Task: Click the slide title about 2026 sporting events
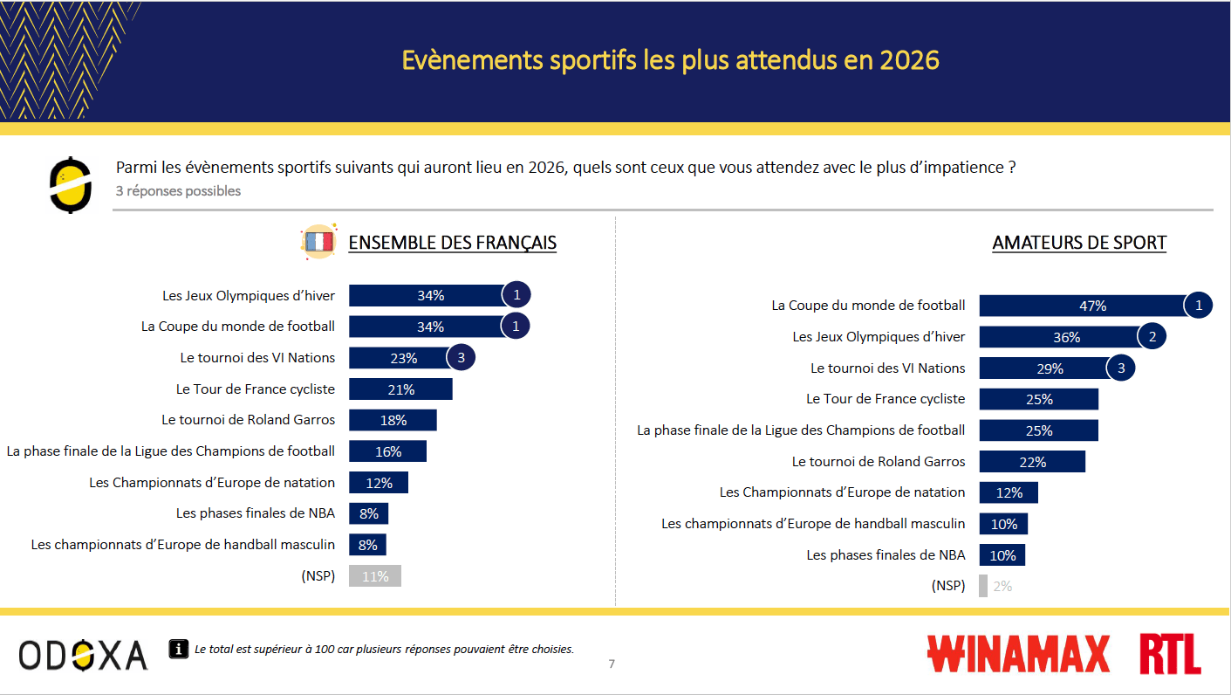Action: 670,60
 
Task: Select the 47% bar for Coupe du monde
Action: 1082,306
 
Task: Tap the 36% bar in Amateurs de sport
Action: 1058,337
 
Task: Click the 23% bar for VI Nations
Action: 398,358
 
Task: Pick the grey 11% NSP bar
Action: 374,576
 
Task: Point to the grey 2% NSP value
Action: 1002,587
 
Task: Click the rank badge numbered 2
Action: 1152,337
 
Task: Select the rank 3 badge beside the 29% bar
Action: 1121,368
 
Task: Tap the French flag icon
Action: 318,242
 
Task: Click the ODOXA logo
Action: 83,655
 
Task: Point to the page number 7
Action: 612,664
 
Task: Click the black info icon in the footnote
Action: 178,649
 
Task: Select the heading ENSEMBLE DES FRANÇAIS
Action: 452,243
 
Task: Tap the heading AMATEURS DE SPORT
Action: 1079,243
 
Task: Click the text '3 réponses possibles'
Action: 178,190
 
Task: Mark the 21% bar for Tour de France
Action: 400,389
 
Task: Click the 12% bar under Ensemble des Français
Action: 379,483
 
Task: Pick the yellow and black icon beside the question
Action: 71,184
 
